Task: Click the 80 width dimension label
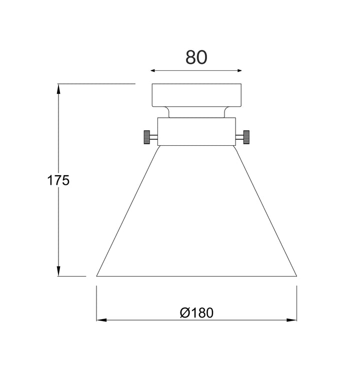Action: tap(196, 57)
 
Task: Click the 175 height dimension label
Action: tap(58, 180)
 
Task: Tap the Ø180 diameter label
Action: tap(196, 313)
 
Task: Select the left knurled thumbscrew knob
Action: tap(147, 137)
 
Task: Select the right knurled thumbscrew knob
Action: tap(246, 137)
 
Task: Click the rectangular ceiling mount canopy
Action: tap(196, 94)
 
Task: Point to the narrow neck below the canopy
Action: tap(196, 112)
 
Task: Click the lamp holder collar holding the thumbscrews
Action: tap(196, 131)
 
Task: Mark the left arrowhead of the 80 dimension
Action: tap(153, 71)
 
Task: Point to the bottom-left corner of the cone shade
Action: tap(97, 276)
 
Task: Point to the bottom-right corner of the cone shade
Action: tap(296, 276)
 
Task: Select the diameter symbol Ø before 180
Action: tap(184, 313)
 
